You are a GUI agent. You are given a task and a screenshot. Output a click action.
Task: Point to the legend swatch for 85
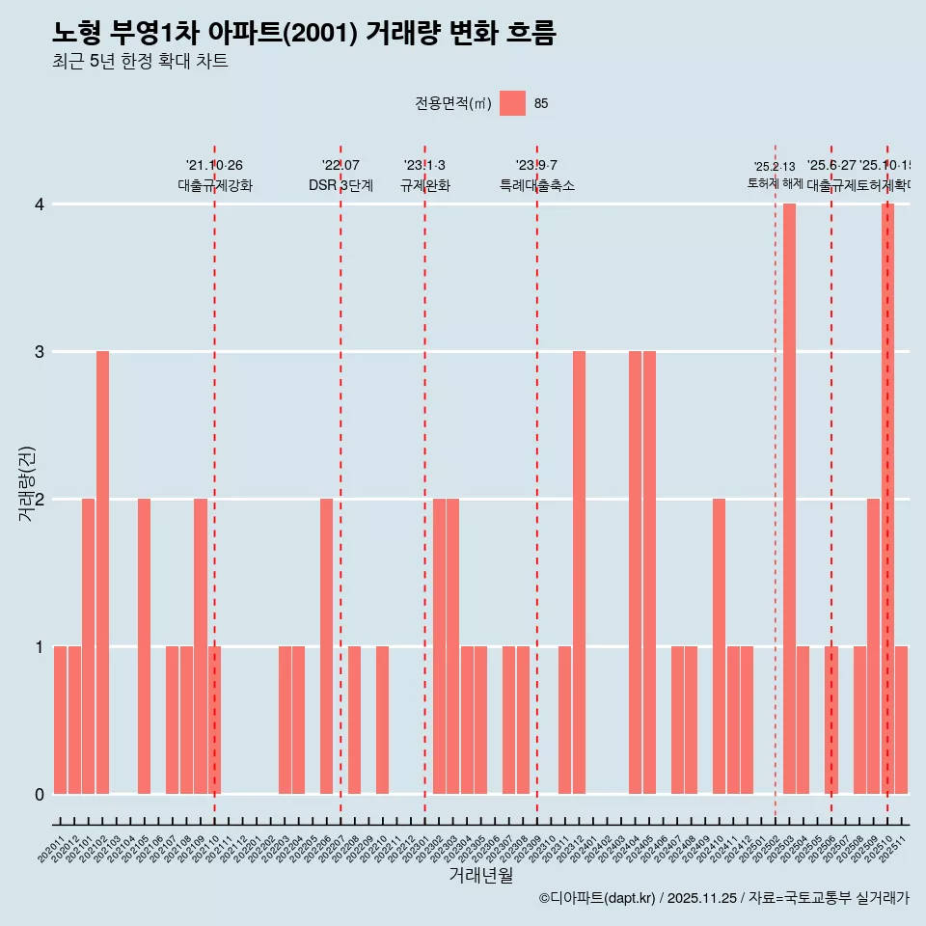click(x=512, y=103)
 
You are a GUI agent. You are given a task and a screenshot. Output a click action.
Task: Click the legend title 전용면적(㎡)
click(x=452, y=103)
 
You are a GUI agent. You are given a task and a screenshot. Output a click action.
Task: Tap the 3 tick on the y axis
click(x=40, y=352)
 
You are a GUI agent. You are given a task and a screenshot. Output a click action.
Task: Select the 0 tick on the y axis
click(x=40, y=794)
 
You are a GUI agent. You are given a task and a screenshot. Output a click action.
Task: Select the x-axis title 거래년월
click(x=480, y=875)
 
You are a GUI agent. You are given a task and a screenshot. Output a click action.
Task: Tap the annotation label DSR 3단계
click(x=340, y=185)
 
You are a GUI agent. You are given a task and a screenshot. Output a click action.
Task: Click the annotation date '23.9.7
click(x=536, y=166)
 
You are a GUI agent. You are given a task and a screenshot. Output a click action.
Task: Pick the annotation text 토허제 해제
click(x=775, y=183)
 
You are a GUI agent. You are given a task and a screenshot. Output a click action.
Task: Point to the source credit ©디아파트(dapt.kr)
click(x=597, y=898)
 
